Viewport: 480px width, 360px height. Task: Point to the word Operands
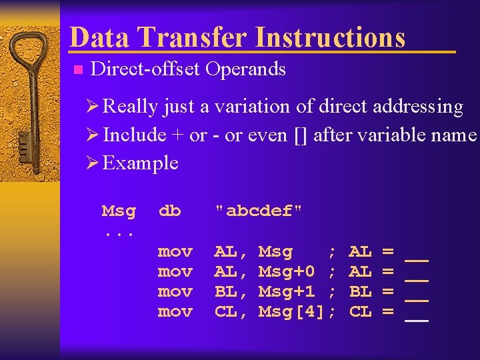pos(245,69)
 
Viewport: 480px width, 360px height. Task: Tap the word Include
pos(135,135)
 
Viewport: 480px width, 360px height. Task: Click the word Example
pos(141,163)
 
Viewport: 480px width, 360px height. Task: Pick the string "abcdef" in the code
pos(259,211)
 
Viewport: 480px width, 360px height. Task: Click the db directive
pos(169,211)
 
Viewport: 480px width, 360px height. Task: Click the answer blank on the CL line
pos(417,319)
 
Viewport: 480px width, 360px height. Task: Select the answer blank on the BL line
pos(417,299)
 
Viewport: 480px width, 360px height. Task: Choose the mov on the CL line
pos(175,312)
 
